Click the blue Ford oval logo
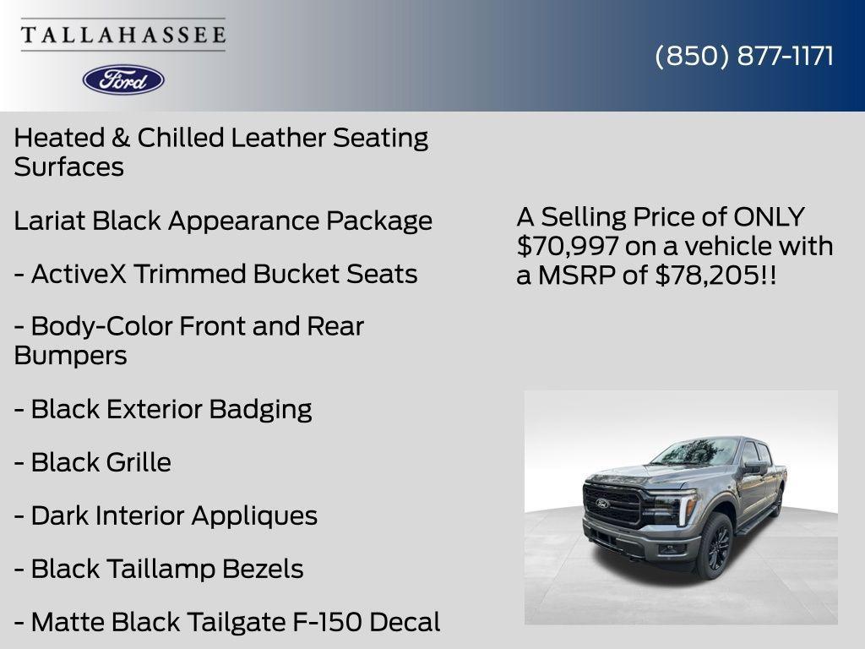(x=123, y=79)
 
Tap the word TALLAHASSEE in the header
(x=123, y=35)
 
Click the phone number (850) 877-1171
(x=744, y=56)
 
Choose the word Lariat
(x=50, y=221)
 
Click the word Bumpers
(x=70, y=355)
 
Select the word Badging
(x=260, y=409)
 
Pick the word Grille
(x=138, y=462)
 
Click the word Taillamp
(x=160, y=569)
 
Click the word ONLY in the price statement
(x=769, y=217)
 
